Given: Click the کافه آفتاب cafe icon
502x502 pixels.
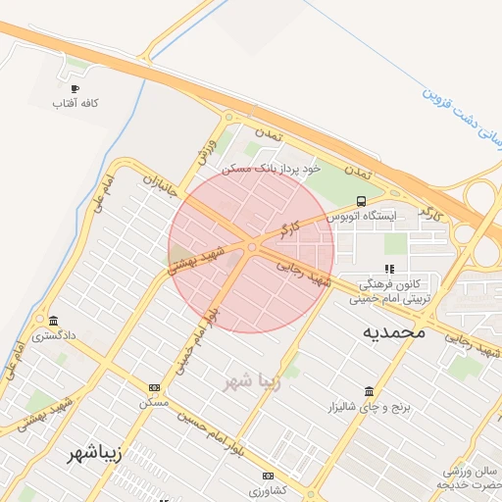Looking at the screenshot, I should (x=75, y=89).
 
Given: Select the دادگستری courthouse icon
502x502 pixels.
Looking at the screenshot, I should (x=52, y=321).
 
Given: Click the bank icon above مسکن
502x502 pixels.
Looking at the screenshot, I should (x=154, y=387).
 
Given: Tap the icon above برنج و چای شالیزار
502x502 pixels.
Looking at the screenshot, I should (x=369, y=390).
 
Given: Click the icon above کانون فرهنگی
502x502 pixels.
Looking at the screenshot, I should (x=389, y=268).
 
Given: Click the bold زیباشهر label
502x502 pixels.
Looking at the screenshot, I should (x=94, y=454).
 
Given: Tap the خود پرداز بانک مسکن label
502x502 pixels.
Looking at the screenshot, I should (x=272, y=169).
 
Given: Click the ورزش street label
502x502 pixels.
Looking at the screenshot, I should (x=206, y=152).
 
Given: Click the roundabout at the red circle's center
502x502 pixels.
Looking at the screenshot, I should (x=252, y=247).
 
